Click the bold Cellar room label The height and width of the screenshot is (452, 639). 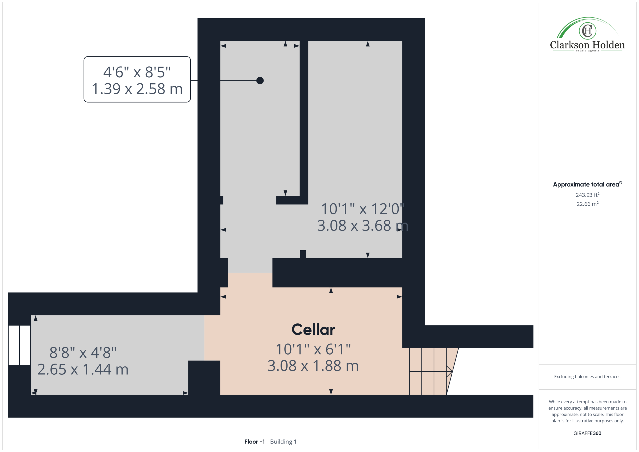point(313,330)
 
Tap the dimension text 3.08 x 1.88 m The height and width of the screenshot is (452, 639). point(313,366)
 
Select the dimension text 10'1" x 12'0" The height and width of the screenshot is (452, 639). point(363,209)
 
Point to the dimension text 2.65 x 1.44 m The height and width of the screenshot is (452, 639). point(83,369)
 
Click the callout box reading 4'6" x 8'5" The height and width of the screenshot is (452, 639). point(137,79)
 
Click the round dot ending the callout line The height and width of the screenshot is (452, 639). point(260,81)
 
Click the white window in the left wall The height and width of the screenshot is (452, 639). point(19,345)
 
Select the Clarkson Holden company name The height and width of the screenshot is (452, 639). point(588,45)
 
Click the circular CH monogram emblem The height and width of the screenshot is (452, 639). point(588,31)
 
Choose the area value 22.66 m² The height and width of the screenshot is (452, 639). point(588,204)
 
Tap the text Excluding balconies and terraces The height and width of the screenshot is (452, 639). point(587,377)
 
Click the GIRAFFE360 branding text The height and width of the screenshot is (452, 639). point(587,433)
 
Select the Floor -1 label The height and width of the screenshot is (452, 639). point(254,442)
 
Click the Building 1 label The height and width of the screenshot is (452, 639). point(283,442)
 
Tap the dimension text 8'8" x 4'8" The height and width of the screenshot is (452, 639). point(83,353)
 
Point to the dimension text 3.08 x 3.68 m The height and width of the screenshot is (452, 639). point(363,225)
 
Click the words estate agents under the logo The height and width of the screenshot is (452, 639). point(588,51)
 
